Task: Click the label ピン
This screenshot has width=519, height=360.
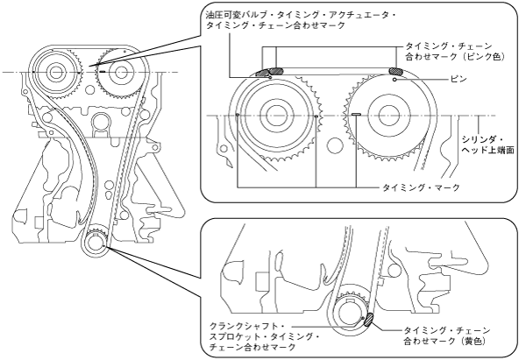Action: (x=459, y=79)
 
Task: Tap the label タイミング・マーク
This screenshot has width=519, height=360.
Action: (x=421, y=187)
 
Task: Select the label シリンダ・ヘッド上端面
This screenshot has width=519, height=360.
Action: (x=488, y=145)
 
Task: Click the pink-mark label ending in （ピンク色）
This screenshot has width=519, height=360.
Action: (x=455, y=51)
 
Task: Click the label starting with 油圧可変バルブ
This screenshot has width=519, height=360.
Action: (x=301, y=20)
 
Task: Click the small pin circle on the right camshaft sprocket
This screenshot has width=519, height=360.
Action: (x=395, y=80)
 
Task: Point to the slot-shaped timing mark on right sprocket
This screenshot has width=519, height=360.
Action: (x=356, y=115)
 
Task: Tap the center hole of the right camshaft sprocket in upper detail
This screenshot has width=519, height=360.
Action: (x=386, y=116)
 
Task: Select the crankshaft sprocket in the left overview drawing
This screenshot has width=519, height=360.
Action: (x=96, y=241)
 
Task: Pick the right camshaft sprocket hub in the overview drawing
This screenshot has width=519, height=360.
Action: (x=120, y=72)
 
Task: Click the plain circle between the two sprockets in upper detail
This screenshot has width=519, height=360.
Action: (x=334, y=145)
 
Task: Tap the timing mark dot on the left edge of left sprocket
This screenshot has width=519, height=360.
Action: (x=238, y=115)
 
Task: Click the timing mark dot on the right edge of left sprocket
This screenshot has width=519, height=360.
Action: (x=316, y=116)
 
